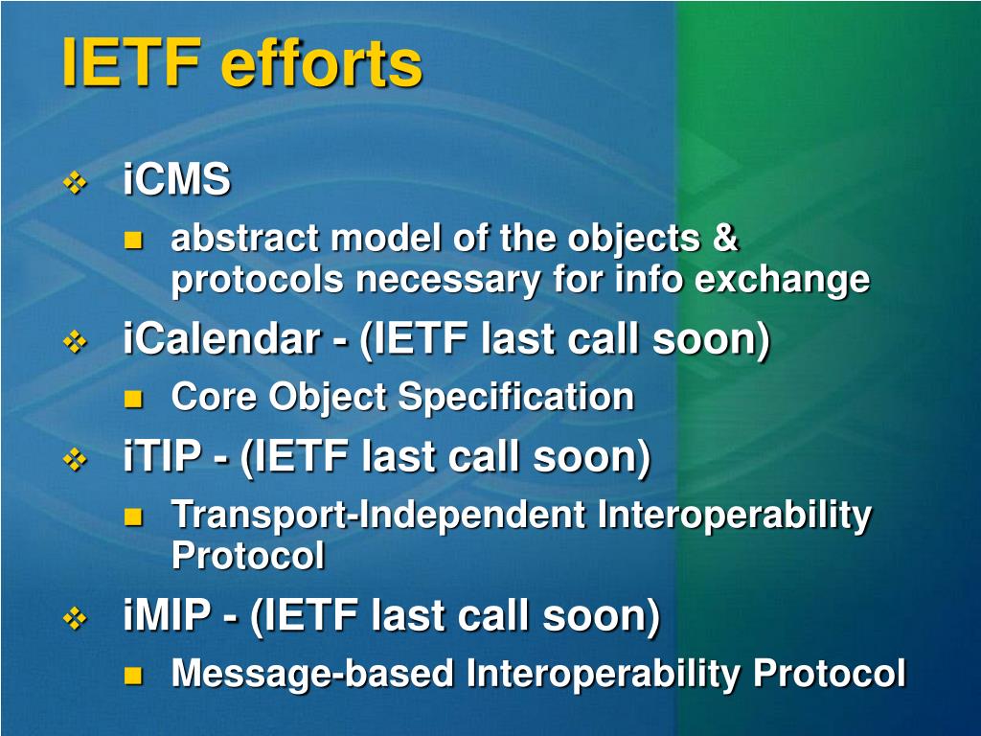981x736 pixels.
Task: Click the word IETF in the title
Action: [132, 62]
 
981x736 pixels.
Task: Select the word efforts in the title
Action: [322, 62]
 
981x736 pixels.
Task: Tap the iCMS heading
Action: [176, 179]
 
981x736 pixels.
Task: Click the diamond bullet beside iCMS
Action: [75, 183]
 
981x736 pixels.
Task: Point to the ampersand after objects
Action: [725, 238]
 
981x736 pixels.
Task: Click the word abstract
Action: [245, 238]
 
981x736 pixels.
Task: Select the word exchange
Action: [782, 280]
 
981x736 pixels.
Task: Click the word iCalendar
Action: [222, 338]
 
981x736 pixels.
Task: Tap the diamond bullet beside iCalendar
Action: [75, 342]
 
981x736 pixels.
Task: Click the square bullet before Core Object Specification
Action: [133, 399]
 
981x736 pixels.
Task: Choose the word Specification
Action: [515, 398]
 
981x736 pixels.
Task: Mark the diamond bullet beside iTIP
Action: [75, 460]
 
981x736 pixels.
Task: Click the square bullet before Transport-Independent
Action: [133, 517]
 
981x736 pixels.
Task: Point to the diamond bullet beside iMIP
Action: [75, 619]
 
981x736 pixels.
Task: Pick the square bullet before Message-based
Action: [133, 676]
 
